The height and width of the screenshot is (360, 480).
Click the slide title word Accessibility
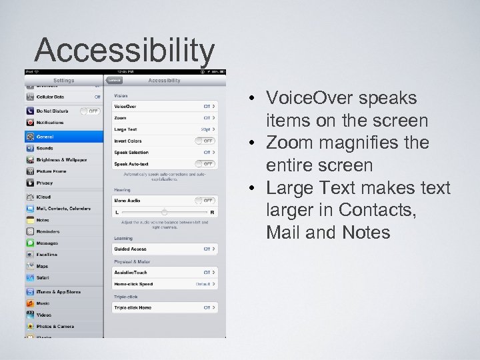pyautogui.click(x=125, y=49)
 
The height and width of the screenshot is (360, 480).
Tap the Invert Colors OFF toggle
pyautogui.click(x=205, y=141)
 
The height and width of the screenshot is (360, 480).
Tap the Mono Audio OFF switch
pyautogui.click(x=205, y=200)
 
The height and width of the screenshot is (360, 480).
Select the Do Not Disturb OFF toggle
pyautogui.click(x=90, y=111)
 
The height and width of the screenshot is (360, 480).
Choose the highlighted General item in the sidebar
pyautogui.click(x=64, y=137)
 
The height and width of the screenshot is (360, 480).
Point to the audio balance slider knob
pyautogui.click(x=164, y=212)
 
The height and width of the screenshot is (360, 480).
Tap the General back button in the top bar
pyautogui.click(x=115, y=80)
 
